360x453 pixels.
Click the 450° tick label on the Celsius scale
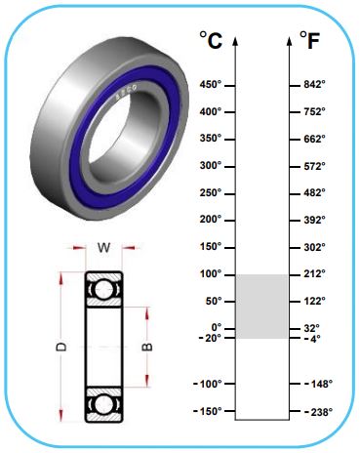pos(211,85)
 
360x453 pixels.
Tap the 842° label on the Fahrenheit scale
pos(314,85)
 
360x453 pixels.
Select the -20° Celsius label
pos(210,338)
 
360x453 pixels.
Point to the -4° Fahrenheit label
pos(312,339)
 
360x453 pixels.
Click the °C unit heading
pos(211,40)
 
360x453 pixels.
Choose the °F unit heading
pos(309,40)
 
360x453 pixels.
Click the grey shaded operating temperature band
pos(261,307)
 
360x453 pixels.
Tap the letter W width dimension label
pos(104,248)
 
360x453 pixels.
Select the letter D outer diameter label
pos(61,347)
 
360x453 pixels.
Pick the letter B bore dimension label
pos(147,347)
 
